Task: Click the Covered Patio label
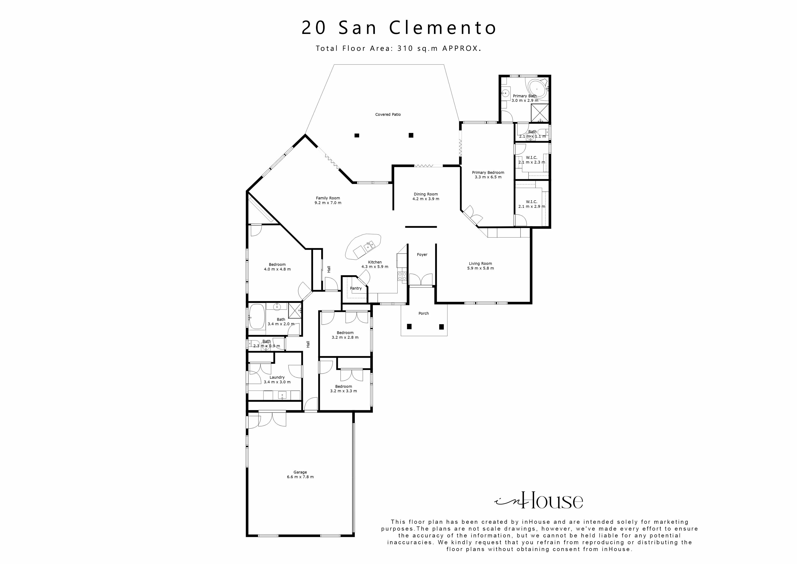(388, 114)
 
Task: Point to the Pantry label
(356, 288)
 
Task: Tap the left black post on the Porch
(409, 326)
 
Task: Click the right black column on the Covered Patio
(411, 135)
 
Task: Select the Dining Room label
(426, 194)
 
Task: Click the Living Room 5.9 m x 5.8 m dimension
(481, 268)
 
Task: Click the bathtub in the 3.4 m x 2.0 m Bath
(257, 317)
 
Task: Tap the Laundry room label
(277, 377)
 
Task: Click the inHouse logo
(539, 501)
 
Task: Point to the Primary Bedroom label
(488, 172)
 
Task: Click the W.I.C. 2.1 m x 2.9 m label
(531, 204)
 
